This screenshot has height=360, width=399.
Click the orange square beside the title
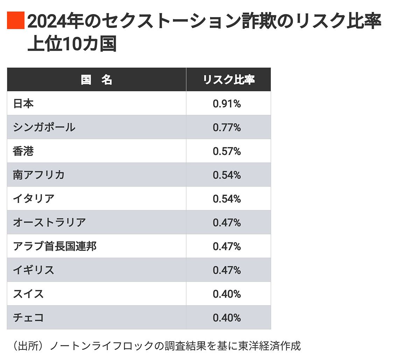pos(16,20)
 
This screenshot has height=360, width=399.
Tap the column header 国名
pos(97,80)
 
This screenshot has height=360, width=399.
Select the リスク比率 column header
pos(229,80)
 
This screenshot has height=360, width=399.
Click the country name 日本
pos(23,104)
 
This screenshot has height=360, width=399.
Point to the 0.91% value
pos(227,104)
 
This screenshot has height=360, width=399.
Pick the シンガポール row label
pos(44,127)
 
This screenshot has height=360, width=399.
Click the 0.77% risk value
pos(227,127)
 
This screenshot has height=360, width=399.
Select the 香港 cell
pos(23,151)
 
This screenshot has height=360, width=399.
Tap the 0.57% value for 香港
pos(227,151)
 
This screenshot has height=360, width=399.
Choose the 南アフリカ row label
pos(39,175)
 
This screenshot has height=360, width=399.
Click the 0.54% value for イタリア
pos(227,199)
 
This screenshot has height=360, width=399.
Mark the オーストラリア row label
pos(49,223)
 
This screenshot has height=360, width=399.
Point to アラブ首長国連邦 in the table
pos(55,246)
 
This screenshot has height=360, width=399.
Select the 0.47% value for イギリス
pos(227,270)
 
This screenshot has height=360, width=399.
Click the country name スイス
pos(28,294)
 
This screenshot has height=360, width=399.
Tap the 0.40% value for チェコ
pos(227,318)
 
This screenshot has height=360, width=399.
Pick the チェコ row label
pos(28,318)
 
